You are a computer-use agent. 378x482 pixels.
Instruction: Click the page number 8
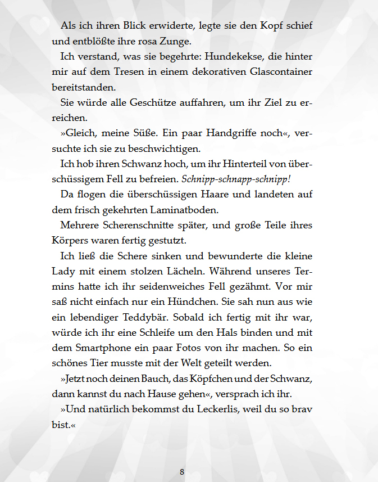pyautogui.click(x=182, y=472)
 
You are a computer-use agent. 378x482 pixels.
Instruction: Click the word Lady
pyautogui.click(x=56, y=271)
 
